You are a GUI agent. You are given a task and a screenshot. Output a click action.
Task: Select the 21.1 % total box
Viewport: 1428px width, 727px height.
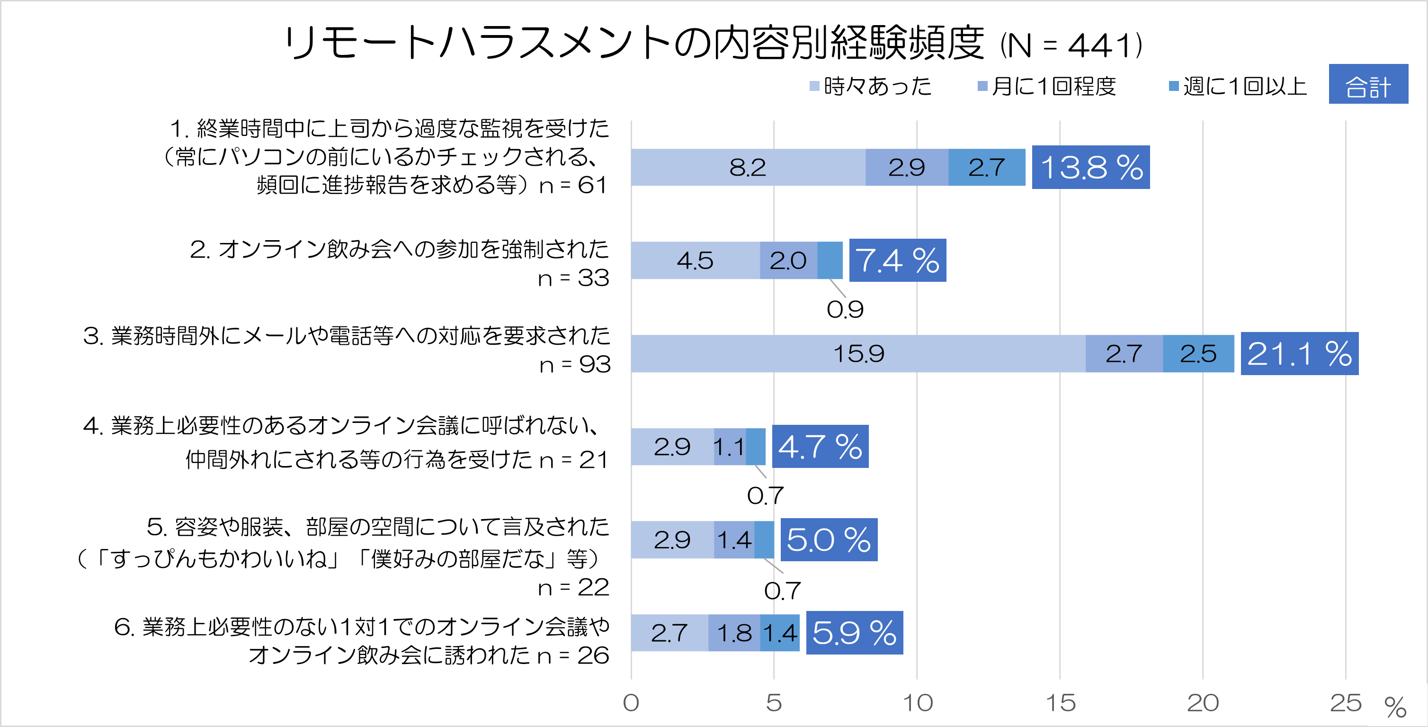pos(1299,353)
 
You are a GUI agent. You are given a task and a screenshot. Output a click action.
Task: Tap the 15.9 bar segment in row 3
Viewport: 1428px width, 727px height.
pos(858,353)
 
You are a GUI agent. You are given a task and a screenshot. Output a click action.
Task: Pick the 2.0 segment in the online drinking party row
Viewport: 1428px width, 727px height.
pos(788,260)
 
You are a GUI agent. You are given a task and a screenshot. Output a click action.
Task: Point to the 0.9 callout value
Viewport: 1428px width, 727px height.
pos(845,309)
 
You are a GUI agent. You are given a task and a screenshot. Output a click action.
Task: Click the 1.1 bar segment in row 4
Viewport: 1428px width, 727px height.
pos(729,447)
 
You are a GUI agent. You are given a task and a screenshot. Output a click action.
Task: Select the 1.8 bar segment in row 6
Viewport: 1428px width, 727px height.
pos(734,633)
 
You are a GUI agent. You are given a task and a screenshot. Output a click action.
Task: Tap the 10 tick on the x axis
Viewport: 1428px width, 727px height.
pos(918,702)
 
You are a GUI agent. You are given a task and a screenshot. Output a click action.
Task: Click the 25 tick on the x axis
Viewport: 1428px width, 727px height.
pos(1346,702)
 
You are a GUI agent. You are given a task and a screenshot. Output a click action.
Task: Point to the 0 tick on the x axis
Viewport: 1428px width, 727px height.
pos(631,702)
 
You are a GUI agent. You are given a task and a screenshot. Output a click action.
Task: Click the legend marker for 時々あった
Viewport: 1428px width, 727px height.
pos(814,86)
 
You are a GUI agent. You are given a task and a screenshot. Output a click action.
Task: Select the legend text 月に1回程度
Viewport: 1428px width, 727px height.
pos(1053,86)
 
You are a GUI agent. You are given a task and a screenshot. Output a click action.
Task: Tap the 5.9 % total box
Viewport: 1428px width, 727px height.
pos(854,633)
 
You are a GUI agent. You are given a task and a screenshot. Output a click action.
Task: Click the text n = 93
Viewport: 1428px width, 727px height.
pos(575,364)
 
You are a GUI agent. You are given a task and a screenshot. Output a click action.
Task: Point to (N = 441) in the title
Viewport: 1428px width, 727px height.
pos(1071,45)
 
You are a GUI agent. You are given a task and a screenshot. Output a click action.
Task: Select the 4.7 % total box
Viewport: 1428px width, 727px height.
pos(820,447)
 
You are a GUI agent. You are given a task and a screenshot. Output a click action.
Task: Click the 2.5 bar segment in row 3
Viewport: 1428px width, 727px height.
pos(1198,353)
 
